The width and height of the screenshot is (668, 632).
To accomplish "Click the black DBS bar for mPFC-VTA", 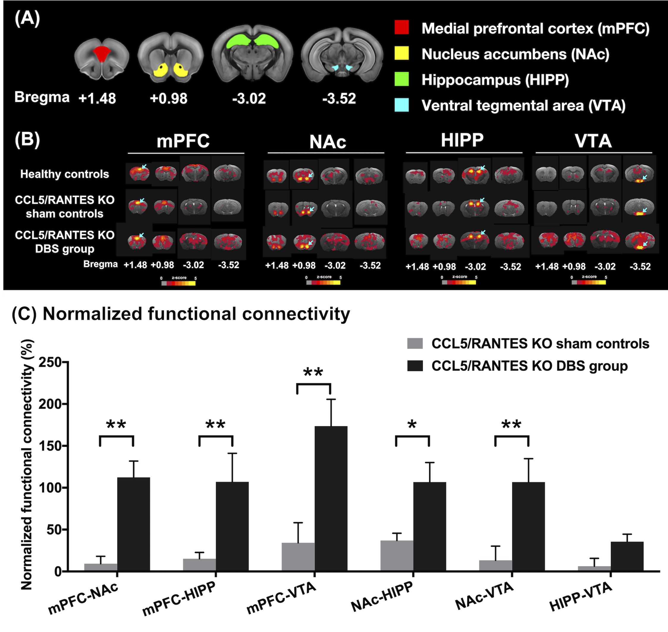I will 331,499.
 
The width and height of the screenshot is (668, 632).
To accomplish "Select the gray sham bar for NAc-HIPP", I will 397,556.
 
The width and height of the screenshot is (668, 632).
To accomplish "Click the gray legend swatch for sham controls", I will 415,344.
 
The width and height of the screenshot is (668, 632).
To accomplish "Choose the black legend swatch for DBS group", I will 415,366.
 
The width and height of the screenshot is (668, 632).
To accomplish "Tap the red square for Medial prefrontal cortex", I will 402,28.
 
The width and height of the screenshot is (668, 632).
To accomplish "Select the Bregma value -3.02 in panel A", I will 249,99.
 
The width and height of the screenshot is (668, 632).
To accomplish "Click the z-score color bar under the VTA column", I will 589,282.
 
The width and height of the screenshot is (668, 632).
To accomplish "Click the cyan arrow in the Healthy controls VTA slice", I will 645,177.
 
